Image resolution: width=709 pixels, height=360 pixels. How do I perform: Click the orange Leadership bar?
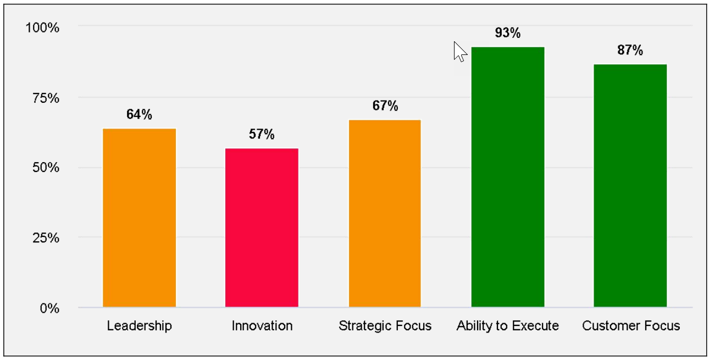point(139,218)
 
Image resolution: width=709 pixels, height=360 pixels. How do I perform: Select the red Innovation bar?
point(262,228)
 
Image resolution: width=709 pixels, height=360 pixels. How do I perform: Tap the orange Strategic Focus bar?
point(385,213)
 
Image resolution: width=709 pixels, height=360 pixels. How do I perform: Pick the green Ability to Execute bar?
point(508,177)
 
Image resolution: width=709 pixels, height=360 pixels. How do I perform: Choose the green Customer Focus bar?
point(630,186)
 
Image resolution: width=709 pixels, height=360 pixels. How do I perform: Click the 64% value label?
point(139,114)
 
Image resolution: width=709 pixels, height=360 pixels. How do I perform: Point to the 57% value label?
point(262,134)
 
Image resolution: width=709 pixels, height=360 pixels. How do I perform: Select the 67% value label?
point(385,106)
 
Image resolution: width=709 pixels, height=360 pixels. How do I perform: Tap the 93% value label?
point(507,33)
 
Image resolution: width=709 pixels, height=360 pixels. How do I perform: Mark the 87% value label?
point(630,51)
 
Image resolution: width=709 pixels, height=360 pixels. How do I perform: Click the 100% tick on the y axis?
point(42,27)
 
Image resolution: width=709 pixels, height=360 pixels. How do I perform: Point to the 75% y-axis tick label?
point(46,98)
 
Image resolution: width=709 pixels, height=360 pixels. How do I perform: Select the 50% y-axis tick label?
point(46,168)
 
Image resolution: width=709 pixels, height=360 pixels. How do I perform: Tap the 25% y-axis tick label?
point(46,238)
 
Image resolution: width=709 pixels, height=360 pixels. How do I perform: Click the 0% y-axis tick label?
point(49,308)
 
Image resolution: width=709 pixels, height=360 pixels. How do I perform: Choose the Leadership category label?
point(139,325)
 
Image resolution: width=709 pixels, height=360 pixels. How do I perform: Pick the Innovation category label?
point(262,325)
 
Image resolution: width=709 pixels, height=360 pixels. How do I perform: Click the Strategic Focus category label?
point(385,325)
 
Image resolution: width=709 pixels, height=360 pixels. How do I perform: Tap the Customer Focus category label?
point(631,325)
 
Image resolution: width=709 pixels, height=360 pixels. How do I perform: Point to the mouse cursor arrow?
point(459,52)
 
